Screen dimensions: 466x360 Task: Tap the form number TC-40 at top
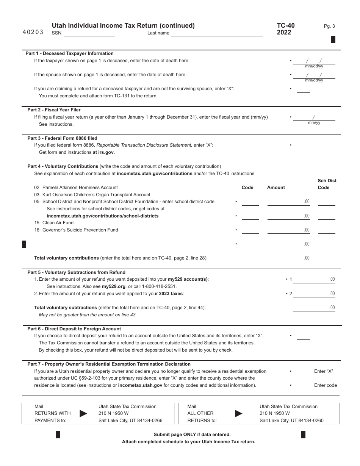285,26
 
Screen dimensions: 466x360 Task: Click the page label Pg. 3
329,26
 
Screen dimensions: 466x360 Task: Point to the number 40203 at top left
33,33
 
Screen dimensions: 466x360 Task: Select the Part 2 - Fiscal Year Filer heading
54,110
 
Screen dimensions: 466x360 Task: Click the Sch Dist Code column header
327,184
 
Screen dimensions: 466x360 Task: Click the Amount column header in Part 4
276,188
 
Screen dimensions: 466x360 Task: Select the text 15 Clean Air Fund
54,223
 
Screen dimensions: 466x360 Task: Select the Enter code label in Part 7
326,385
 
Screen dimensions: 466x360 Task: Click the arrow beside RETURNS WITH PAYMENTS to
83,413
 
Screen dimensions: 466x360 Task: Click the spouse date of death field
314,75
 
